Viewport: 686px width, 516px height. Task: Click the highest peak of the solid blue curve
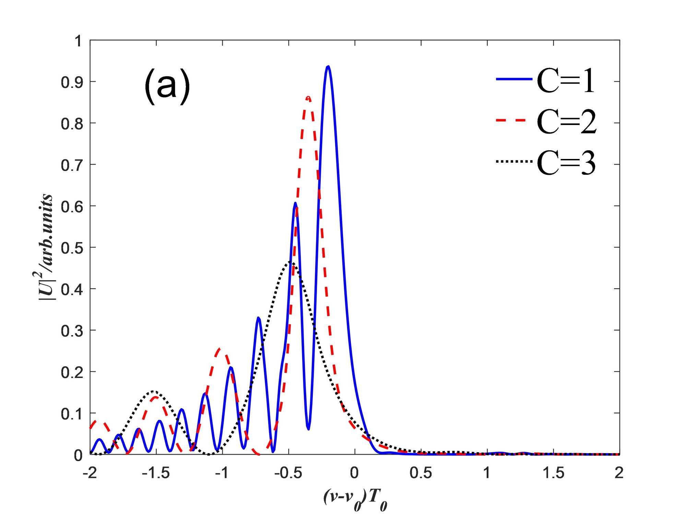328,66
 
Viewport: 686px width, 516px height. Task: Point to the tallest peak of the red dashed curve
308,98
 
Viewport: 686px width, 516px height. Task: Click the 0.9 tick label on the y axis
72,82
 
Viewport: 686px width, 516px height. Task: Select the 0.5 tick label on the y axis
72,248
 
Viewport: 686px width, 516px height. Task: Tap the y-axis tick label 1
78,41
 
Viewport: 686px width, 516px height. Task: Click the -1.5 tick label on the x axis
156,473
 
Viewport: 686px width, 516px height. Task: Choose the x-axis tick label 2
619,473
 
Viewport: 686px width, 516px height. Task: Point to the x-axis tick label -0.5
288,473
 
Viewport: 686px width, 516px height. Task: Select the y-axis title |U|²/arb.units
46,248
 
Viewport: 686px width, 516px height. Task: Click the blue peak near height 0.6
295,203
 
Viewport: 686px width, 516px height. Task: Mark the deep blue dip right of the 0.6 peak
308,429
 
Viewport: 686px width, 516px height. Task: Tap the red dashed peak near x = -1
220,349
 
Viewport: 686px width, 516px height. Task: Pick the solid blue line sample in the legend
514,79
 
